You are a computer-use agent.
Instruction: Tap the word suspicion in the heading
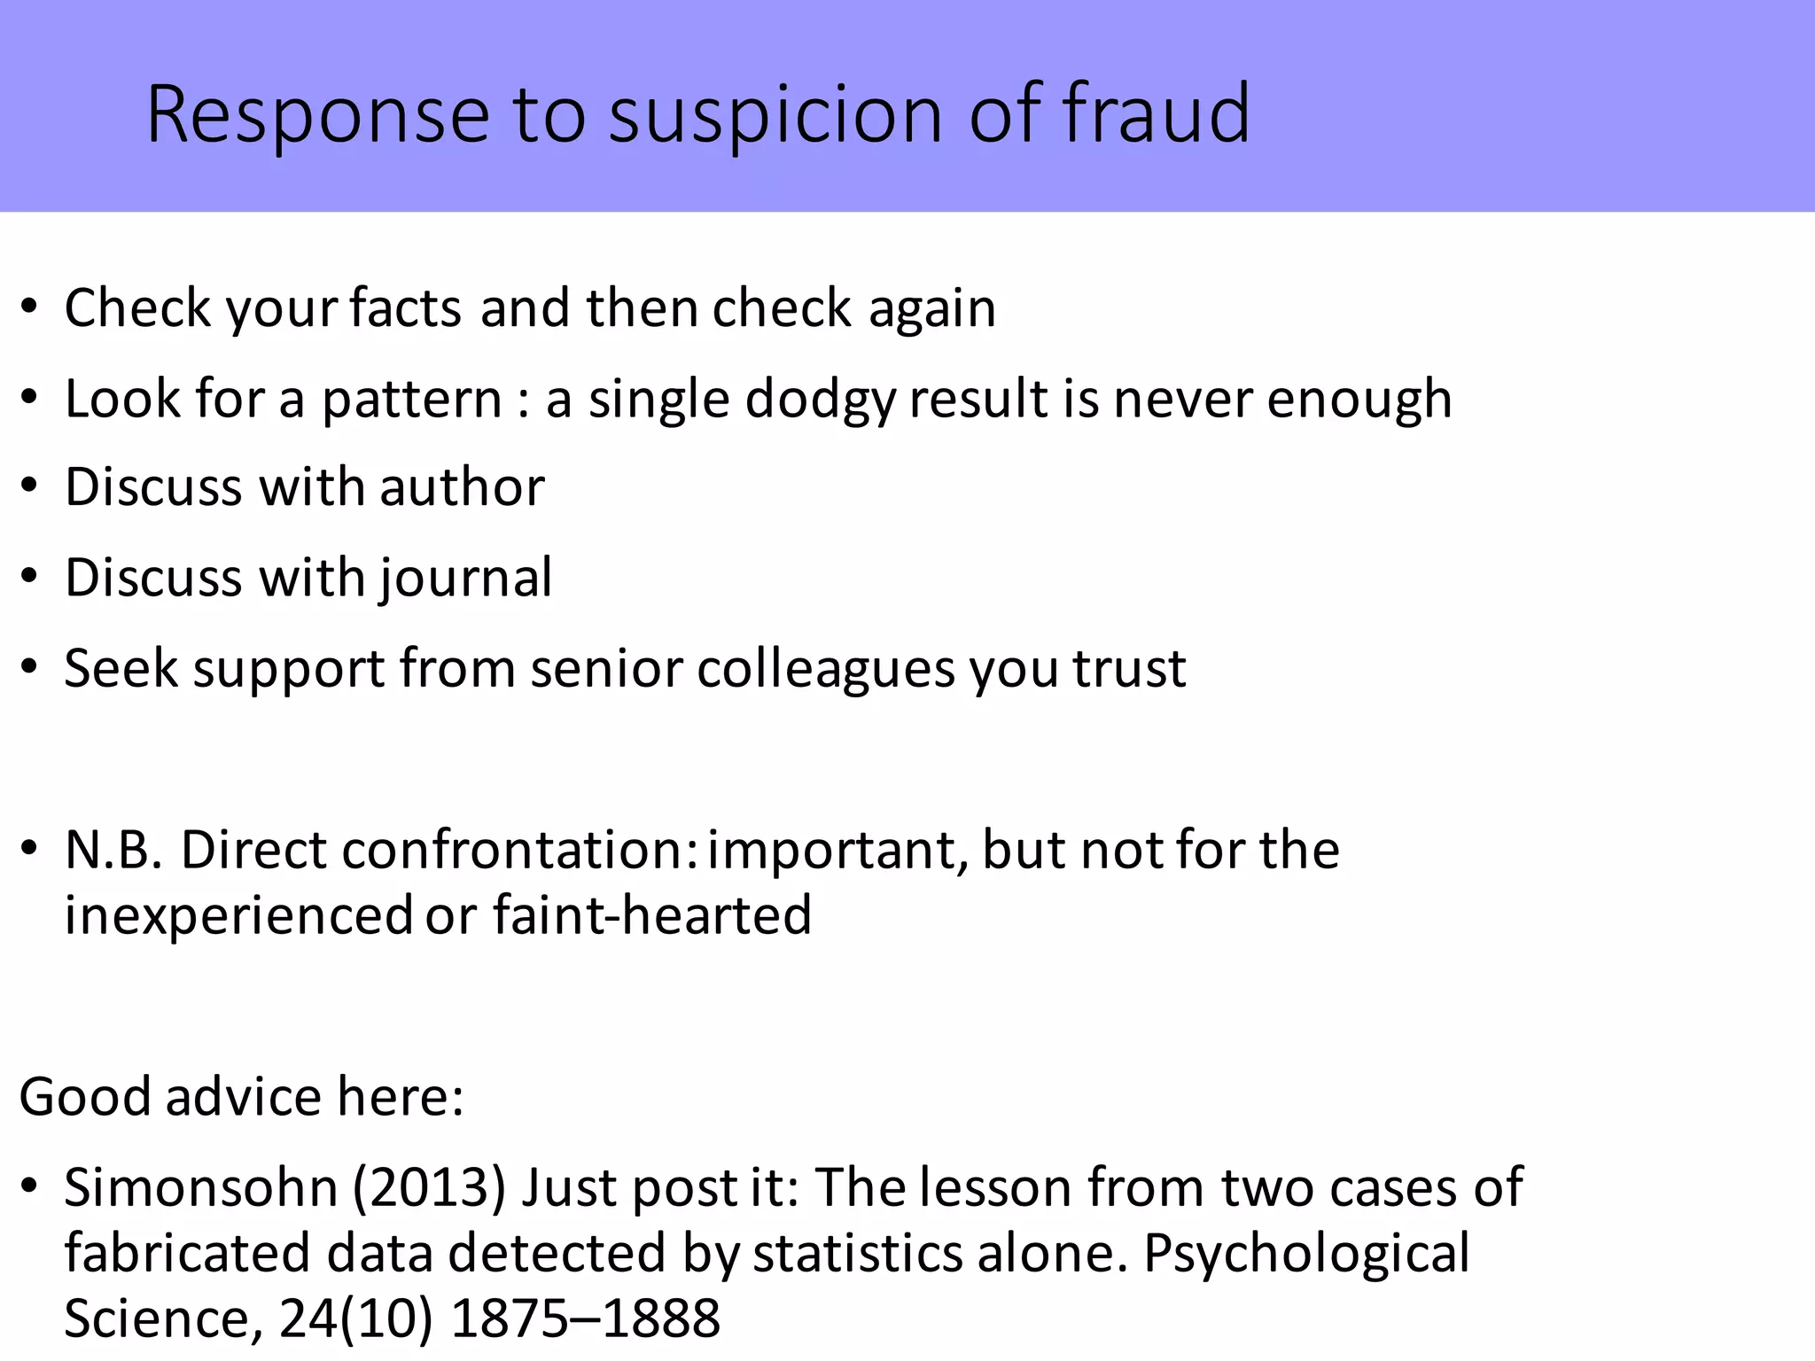click(776, 115)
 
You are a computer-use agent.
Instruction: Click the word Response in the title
click(317, 115)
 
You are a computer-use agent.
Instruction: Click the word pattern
click(411, 400)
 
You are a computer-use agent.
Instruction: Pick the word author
click(462, 487)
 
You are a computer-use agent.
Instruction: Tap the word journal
click(466, 579)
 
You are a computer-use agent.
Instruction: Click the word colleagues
click(826, 669)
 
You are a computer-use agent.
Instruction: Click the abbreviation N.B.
click(113, 850)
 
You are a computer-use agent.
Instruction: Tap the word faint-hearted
click(652, 915)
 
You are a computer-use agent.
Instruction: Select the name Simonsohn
click(201, 1187)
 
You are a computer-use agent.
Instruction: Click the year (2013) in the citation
click(429, 1187)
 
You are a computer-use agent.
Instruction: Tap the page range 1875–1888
click(585, 1318)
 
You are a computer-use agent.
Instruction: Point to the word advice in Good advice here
click(243, 1097)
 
